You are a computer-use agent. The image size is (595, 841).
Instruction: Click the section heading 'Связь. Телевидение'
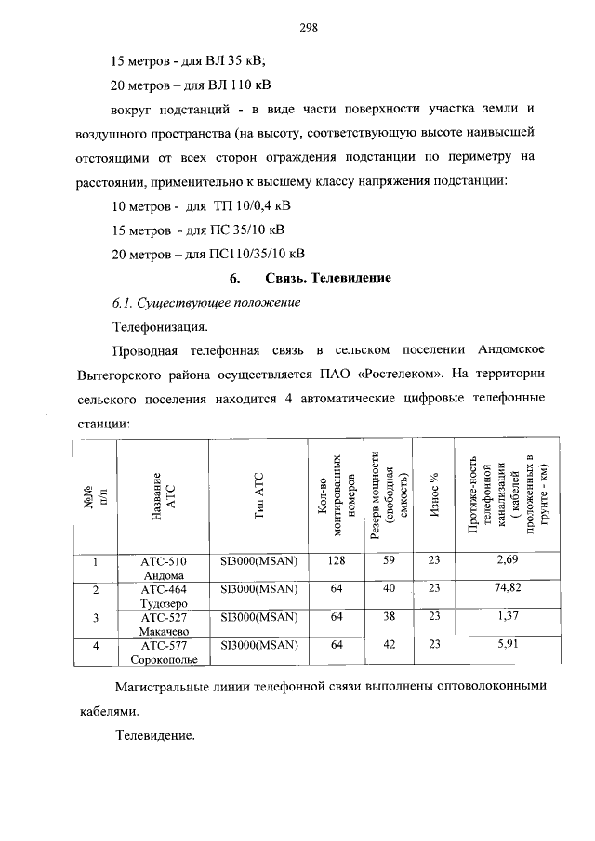[x=327, y=278]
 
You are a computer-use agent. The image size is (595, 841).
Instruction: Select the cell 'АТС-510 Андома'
[x=164, y=568]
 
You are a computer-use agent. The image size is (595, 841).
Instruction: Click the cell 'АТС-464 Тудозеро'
[x=164, y=596]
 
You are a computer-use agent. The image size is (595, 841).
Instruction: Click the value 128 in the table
[x=337, y=560]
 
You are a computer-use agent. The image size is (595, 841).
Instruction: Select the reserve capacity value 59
[x=389, y=560]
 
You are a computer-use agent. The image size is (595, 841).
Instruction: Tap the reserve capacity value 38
[x=389, y=616]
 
